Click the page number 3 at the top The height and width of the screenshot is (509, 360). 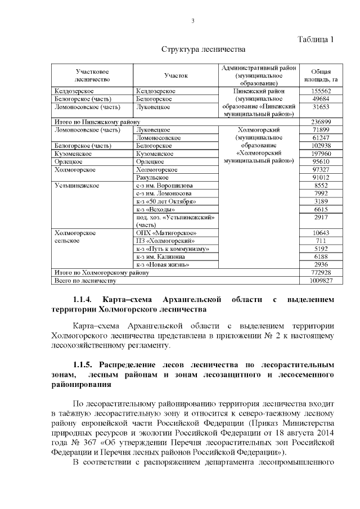click(x=192, y=21)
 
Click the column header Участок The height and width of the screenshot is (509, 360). click(x=175, y=75)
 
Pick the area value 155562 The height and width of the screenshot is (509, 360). click(x=321, y=91)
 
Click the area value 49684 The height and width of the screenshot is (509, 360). click(x=321, y=98)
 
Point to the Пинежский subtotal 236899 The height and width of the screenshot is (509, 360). click(x=321, y=122)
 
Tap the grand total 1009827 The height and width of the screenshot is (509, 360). click(x=321, y=280)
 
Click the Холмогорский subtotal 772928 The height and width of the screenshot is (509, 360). click(x=321, y=272)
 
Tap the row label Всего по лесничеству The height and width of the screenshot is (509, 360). click(x=84, y=280)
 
